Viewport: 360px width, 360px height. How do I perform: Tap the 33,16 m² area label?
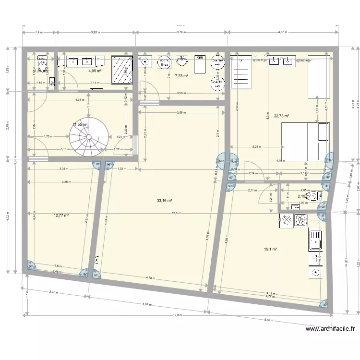click(x=164, y=201)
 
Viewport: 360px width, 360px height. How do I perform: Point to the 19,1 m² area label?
click(x=270, y=249)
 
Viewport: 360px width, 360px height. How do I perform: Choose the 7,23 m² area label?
click(x=181, y=76)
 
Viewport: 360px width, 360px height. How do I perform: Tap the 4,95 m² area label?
click(x=95, y=71)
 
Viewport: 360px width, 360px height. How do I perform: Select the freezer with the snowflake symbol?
click(x=287, y=220)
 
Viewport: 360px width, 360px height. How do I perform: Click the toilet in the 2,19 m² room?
click(x=314, y=195)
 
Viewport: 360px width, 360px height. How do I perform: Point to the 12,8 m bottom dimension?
click(x=177, y=315)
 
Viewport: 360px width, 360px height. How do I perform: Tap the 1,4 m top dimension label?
click(x=38, y=33)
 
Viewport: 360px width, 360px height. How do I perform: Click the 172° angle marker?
click(x=221, y=161)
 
